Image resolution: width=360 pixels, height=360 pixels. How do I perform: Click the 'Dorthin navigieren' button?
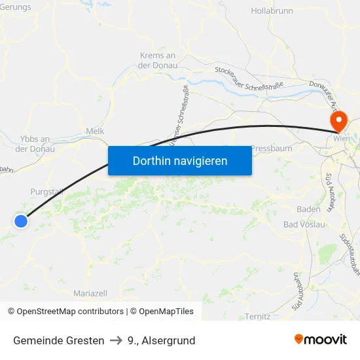point(180,160)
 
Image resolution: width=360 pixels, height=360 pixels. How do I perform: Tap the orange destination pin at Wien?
point(338,121)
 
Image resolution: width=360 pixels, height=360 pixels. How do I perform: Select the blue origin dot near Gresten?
point(21,221)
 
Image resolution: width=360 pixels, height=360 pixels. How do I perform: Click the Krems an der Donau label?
point(158,60)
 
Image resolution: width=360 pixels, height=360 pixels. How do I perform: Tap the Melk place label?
point(95,132)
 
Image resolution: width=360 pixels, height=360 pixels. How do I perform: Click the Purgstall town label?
point(47,192)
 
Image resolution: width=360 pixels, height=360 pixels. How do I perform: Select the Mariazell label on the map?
point(90,293)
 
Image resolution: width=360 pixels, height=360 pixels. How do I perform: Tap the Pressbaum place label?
point(272,149)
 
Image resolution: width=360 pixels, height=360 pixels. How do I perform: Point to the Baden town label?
point(308,209)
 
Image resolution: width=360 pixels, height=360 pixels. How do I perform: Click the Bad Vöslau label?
point(304,225)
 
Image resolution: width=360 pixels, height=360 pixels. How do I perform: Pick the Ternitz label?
point(258,317)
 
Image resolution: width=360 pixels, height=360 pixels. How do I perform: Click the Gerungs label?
point(15,7)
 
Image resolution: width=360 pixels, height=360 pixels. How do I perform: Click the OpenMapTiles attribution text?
point(166,312)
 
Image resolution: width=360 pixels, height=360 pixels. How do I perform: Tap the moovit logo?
point(321,339)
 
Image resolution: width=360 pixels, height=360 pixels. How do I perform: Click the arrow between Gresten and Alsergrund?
point(116,340)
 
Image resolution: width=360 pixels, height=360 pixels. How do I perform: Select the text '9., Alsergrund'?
point(161,340)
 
